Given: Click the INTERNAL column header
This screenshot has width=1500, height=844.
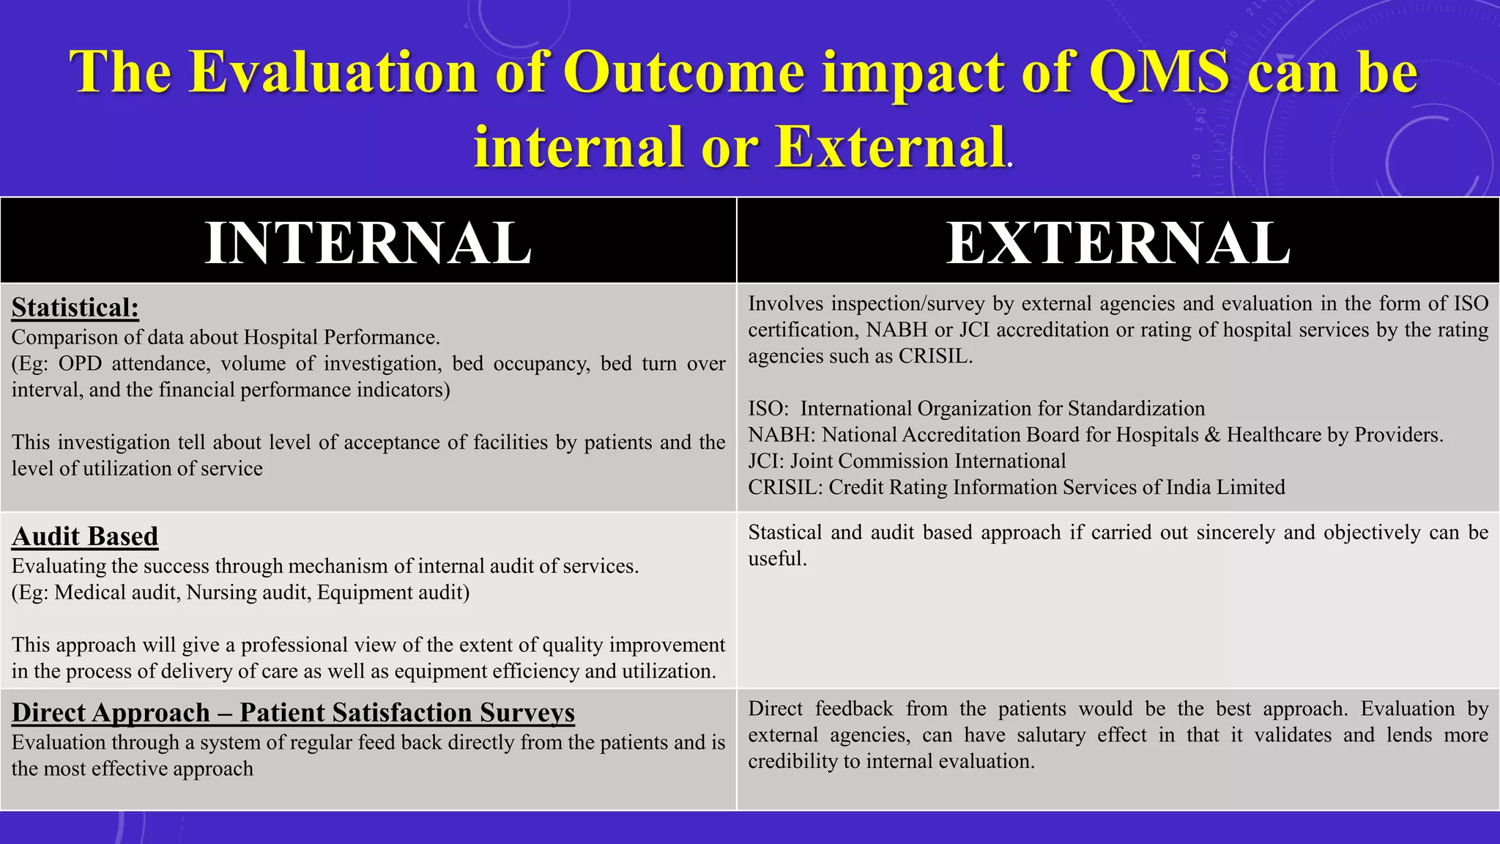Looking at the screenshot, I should tap(368, 243).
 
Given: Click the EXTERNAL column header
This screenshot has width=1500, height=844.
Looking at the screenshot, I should tap(1118, 243).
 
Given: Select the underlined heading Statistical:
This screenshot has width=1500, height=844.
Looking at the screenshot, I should tap(75, 307).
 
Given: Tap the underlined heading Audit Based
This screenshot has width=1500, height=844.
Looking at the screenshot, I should tap(85, 536).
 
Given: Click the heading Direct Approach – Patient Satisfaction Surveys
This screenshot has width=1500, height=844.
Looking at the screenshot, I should tap(293, 712).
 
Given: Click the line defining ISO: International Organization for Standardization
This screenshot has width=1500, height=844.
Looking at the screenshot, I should tap(976, 409).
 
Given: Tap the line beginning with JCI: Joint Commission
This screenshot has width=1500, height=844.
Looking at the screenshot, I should tap(907, 461).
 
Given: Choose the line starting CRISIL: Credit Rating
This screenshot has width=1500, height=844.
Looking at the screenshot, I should tap(1016, 487).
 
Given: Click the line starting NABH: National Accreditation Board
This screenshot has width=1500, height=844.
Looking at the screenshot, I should tap(1095, 435).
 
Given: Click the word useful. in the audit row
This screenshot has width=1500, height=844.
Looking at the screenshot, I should tap(777, 559).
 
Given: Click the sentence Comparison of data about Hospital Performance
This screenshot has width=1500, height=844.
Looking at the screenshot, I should tap(226, 337).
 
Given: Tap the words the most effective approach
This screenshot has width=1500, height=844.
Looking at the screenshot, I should tap(133, 769).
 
